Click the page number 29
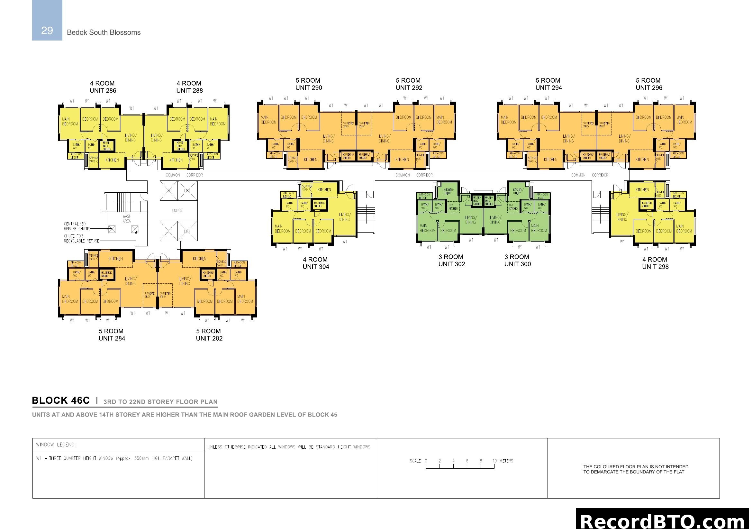tap(47, 31)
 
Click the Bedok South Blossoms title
tap(104, 32)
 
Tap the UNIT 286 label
tap(103, 91)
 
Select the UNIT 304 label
tap(316, 267)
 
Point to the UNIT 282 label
tap(209, 338)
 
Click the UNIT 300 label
tap(517, 264)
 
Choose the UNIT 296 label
tap(648, 88)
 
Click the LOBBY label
tap(177, 210)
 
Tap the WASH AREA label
tap(127, 218)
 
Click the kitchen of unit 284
tap(116, 259)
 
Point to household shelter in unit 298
tap(646, 205)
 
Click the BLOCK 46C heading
tap(60, 401)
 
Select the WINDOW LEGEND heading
tap(56, 445)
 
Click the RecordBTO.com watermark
tap(663, 521)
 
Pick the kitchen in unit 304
tap(324, 190)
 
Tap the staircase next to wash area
tap(124, 202)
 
